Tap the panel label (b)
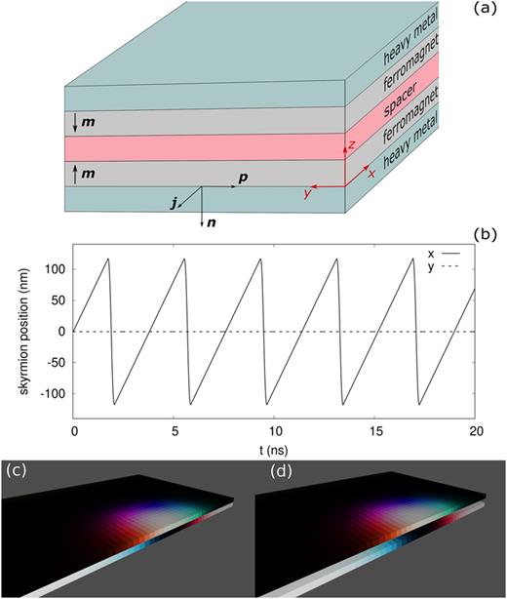click(486, 235)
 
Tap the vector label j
click(175, 204)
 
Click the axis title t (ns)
click(274, 447)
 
